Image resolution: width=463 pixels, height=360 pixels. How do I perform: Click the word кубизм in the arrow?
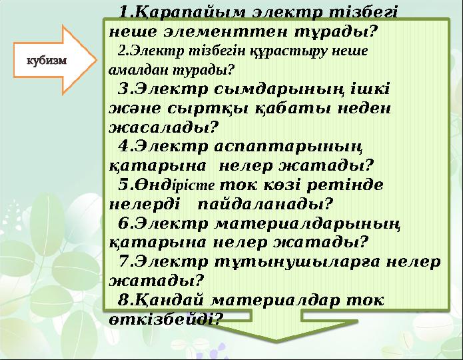46,60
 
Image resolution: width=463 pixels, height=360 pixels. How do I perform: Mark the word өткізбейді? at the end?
164,318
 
